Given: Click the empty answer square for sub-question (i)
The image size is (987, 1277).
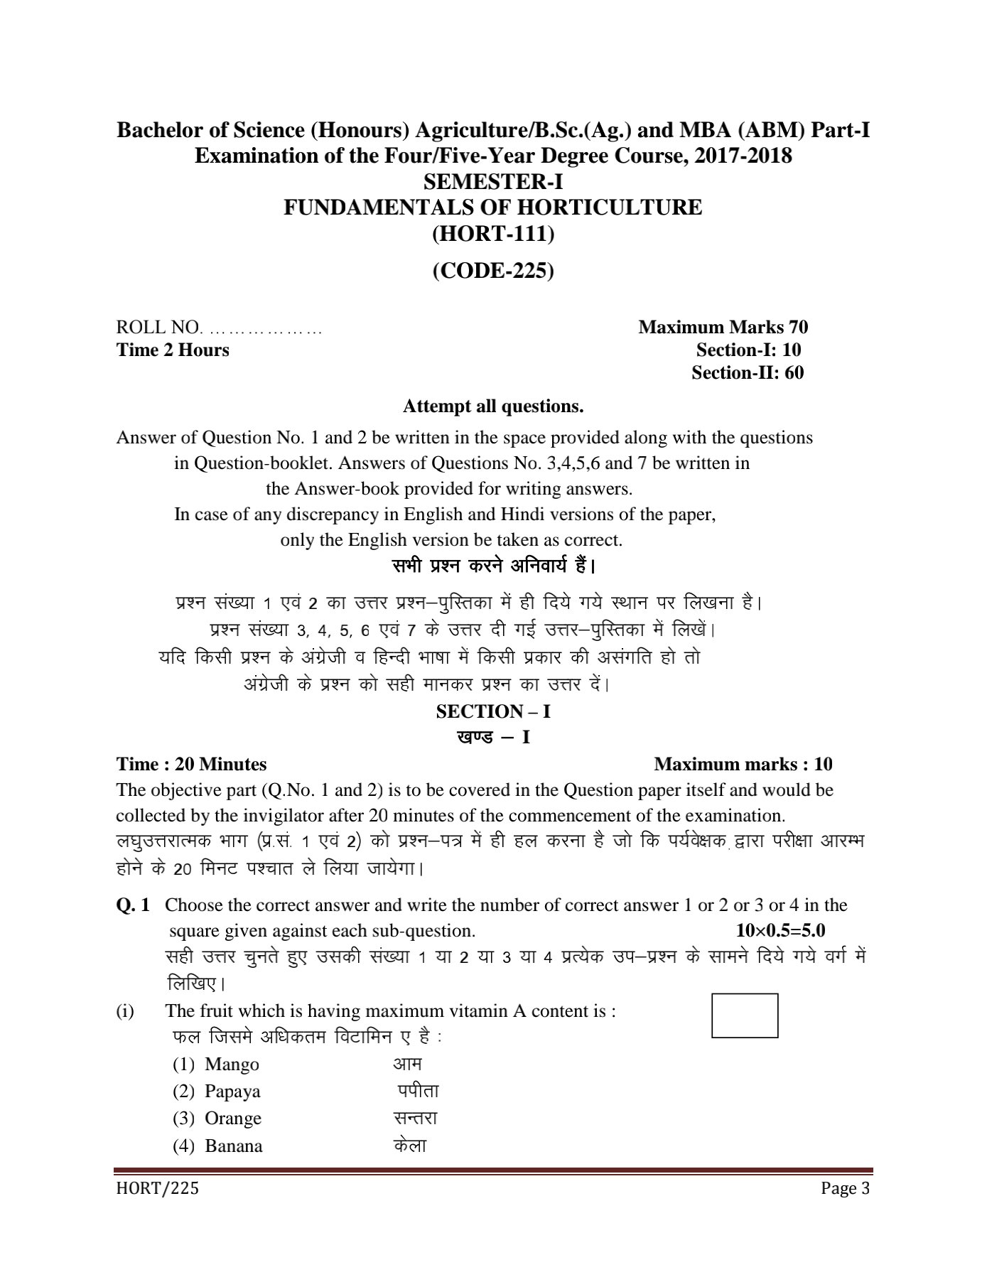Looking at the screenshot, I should click(x=744, y=1015).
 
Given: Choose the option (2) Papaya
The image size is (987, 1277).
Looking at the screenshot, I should click(x=217, y=1091).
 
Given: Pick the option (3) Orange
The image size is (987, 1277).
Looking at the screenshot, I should click(x=217, y=1118).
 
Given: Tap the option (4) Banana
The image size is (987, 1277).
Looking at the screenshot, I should click(x=217, y=1146).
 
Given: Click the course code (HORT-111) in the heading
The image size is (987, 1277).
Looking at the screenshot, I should click(x=493, y=233).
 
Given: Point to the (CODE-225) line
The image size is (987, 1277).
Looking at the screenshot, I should click(x=493, y=271).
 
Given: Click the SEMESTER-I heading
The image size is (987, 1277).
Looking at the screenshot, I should click(x=493, y=182).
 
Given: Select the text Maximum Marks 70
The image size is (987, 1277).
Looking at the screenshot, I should click(x=723, y=327).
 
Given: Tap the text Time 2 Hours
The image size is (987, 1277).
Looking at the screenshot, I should click(x=173, y=350).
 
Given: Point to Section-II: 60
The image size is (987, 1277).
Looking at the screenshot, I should click(x=748, y=372).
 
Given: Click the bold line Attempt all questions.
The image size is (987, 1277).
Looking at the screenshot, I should click(x=493, y=406).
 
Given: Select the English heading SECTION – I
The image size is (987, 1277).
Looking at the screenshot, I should click(x=493, y=711).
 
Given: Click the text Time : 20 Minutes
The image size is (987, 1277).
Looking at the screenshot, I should click(x=192, y=764).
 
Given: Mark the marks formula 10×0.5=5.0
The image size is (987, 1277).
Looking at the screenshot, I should click(x=780, y=930).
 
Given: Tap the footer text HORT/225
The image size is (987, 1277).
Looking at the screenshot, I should click(x=158, y=1188).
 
